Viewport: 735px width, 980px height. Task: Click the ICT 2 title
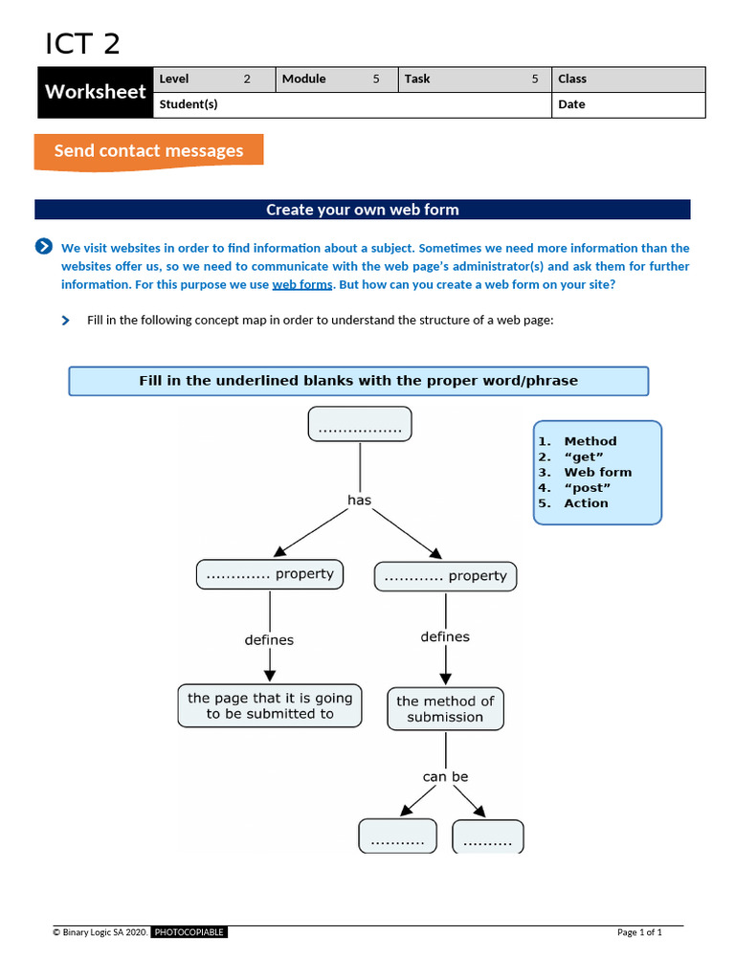(82, 44)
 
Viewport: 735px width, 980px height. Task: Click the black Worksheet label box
(96, 92)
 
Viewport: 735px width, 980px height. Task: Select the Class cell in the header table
(628, 79)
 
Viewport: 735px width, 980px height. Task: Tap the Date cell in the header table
(628, 105)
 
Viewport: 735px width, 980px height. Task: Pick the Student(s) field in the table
(351, 105)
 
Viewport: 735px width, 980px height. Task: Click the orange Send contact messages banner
(148, 151)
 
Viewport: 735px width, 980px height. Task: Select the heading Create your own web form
(362, 210)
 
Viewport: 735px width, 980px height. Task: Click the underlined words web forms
(302, 285)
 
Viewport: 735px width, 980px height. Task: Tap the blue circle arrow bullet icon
(44, 247)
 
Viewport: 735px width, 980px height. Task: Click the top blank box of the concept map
(360, 424)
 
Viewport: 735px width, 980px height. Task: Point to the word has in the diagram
(359, 500)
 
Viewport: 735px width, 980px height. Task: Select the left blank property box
(270, 574)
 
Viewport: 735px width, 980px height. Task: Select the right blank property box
(445, 576)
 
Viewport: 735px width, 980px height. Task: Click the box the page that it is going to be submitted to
(270, 706)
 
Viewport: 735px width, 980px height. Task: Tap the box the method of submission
(445, 709)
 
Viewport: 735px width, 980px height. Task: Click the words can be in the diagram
(445, 776)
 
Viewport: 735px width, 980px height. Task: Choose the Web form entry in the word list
(597, 472)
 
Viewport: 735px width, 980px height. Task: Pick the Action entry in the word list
(586, 503)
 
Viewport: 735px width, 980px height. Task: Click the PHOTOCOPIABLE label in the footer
(189, 932)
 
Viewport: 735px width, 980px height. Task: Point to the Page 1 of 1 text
(639, 932)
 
